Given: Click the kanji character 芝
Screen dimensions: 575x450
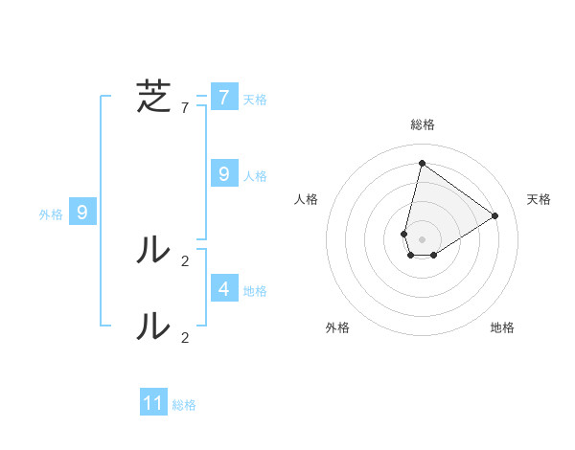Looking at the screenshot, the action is [x=154, y=98].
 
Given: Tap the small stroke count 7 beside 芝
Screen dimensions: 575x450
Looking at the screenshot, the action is [x=185, y=108].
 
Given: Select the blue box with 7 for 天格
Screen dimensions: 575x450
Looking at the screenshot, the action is [x=224, y=98].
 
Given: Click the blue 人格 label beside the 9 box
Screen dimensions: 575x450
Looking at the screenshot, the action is [x=255, y=176].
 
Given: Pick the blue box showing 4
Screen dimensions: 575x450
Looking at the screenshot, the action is [x=224, y=288].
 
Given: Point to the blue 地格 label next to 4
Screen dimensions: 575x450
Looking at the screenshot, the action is [x=255, y=291].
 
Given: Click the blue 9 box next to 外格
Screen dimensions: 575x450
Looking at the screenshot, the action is [x=82, y=213].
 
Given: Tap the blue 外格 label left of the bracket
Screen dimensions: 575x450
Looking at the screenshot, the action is [x=51, y=215].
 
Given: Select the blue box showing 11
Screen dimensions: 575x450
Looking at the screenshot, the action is [x=153, y=403].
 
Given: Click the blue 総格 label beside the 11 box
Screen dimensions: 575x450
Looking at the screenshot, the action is [x=184, y=406].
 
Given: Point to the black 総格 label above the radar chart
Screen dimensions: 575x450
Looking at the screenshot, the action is [x=423, y=124].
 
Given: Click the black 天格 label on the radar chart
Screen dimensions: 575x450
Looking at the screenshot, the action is [x=540, y=199].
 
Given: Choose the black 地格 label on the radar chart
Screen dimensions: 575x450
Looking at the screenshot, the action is [x=502, y=327].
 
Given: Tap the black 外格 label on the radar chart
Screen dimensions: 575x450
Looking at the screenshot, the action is [x=337, y=327].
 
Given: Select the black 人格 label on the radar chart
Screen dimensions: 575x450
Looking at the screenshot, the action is [x=307, y=199].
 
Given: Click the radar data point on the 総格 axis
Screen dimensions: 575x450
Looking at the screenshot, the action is [x=422, y=163].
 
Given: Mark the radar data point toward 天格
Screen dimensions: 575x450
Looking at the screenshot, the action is [x=495, y=215].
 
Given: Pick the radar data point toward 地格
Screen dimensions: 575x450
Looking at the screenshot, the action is [x=433, y=255].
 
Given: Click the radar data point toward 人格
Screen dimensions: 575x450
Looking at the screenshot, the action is [x=404, y=234].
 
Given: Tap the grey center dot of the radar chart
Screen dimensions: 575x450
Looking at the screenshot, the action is [x=422, y=239].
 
